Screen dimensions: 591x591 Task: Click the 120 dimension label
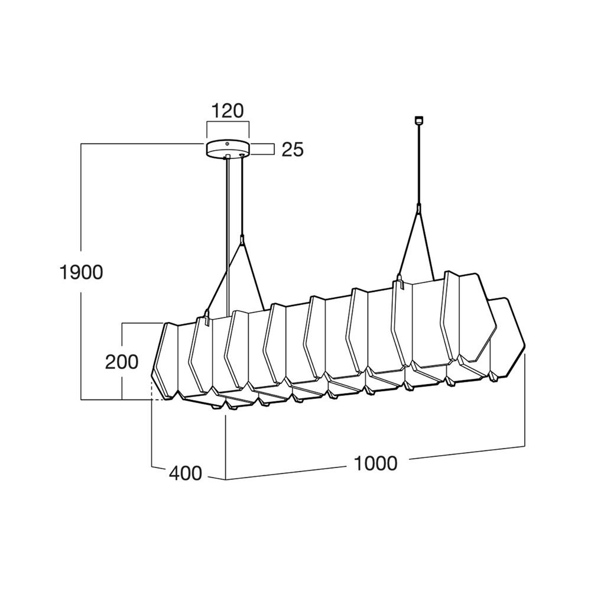click(228, 111)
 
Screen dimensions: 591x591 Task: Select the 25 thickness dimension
click(293, 150)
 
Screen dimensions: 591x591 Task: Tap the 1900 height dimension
click(81, 272)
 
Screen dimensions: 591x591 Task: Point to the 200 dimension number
click(122, 362)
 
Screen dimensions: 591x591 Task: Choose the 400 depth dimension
click(186, 473)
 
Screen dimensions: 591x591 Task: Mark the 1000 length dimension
click(376, 463)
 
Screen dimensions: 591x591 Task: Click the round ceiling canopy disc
click(228, 148)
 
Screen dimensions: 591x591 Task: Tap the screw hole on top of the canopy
click(227, 144)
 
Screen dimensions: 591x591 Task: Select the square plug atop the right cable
click(418, 119)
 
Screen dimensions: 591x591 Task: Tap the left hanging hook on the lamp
click(206, 317)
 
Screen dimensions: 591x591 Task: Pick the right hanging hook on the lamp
click(399, 282)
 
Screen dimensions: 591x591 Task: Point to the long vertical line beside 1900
click(81, 271)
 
